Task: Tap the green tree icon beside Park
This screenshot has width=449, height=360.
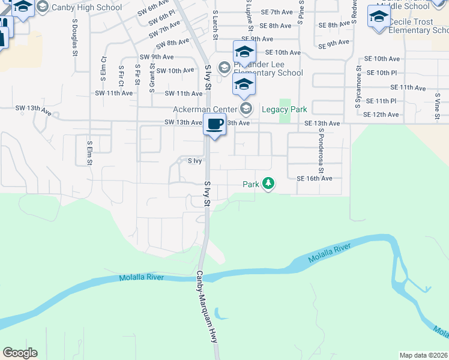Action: pos(268,184)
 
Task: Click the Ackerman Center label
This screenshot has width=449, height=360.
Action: pos(205,109)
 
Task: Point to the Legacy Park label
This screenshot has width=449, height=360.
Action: pos(285,109)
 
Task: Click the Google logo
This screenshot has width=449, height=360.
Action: pos(20,353)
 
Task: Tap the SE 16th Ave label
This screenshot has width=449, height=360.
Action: pos(314,178)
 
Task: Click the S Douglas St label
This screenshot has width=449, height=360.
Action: pos(75,37)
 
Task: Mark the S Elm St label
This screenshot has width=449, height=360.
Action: pos(90,153)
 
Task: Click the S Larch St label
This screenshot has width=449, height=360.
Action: pos(215,25)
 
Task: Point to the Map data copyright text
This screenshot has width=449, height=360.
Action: pos(424,355)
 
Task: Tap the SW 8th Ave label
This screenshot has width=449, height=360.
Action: pos(172,43)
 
